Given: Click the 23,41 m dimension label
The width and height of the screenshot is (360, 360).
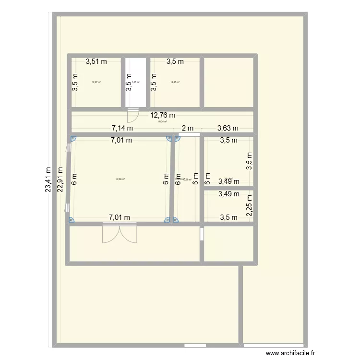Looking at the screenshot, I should (x=48, y=180).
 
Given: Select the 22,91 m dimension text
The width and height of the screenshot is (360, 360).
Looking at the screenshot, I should (x=60, y=180).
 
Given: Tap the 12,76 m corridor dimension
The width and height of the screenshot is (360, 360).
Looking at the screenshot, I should (x=163, y=115).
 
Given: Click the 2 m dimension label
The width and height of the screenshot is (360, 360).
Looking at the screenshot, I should (x=187, y=128).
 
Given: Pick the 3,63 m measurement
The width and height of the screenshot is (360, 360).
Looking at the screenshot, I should (x=228, y=128).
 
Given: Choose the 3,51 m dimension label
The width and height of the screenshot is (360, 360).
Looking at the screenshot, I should (x=96, y=61).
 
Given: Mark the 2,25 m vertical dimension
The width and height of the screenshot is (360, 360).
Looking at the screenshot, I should (x=249, y=205).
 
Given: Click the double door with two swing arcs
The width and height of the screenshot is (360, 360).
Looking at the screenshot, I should (x=120, y=233).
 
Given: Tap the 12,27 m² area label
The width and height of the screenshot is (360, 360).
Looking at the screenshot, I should (x=96, y=82).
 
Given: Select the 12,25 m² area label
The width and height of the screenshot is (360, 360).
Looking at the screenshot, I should (x=175, y=82).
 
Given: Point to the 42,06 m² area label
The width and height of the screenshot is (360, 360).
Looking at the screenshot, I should (x=120, y=180).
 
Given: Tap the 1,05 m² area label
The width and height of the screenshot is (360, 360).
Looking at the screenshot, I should (x=136, y=82).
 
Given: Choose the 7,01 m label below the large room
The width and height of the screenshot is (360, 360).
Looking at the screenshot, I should (x=120, y=217).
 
